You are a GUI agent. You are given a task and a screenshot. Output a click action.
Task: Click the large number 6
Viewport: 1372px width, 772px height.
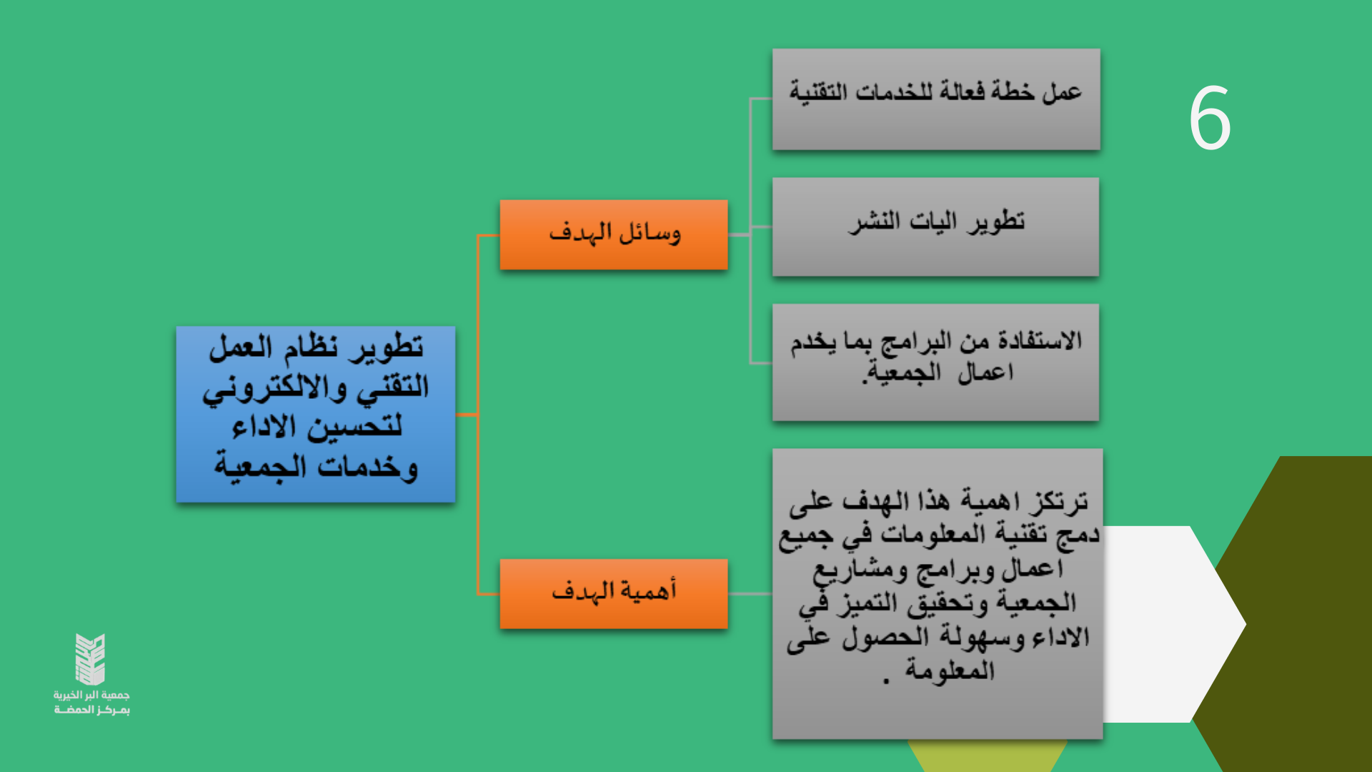tap(1210, 118)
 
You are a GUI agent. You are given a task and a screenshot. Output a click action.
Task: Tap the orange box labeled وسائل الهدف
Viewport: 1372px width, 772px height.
tap(614, 234)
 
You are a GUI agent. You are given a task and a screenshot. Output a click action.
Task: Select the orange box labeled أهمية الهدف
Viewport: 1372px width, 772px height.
tap(614, 594)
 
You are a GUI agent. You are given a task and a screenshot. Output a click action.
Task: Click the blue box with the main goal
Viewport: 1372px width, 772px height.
tap(316, 415)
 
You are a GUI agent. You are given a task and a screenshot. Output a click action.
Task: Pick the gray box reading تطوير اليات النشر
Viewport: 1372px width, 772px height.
tap(935, 227)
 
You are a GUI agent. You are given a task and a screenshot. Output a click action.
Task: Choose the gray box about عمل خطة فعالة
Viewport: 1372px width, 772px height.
tap(936, 99)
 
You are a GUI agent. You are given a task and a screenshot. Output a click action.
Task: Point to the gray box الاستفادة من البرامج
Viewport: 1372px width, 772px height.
tap(935, 362)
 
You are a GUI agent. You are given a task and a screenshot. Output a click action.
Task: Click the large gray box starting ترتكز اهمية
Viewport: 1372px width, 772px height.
tap(938, 594)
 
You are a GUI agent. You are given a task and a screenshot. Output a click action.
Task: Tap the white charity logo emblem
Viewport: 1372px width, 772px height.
tap(91, 659)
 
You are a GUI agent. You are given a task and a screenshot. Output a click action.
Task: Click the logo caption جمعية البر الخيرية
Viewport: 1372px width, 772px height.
tap(91, 695)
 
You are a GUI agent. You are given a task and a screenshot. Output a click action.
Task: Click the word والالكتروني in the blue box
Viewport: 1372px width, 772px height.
tap(275, 388)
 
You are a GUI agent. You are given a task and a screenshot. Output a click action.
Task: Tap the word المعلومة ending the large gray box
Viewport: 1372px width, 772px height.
tap(950, 670)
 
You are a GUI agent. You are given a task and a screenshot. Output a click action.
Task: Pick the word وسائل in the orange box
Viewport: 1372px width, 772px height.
tap(650, 233)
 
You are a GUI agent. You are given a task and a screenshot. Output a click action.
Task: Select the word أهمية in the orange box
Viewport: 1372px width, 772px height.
tap(649, 590)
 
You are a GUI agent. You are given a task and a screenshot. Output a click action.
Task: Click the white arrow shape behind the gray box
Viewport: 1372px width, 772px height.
tap(1172, 624)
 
